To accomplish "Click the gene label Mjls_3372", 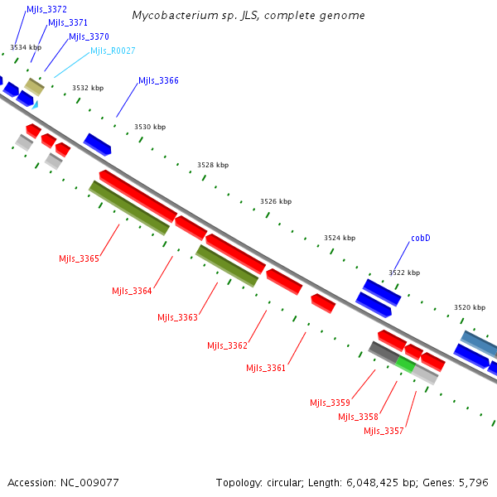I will coord(46,9).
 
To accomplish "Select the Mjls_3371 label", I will coord(68,22).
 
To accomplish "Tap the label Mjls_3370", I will coord(89,36).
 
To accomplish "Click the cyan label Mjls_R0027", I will coord(113,51).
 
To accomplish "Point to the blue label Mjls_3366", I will coord(158,80).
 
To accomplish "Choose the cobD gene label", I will coord(421,238).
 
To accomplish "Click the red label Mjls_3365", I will coord(79,258).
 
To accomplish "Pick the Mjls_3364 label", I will coord(132,291).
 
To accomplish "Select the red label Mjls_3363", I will coord(177,317).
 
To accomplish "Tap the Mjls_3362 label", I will coord(227,345).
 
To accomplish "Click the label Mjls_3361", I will coord(266,368).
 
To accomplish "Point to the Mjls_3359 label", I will coord(330,403).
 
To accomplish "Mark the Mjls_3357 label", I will coord(384,431).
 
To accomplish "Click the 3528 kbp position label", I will coord(213,166).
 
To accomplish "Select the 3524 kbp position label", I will coord(340,238).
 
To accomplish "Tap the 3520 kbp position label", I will coord(469,307).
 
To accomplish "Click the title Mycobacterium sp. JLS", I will coord(248,16).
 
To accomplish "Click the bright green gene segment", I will coord(405,363).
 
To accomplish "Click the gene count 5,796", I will coord(475,482).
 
